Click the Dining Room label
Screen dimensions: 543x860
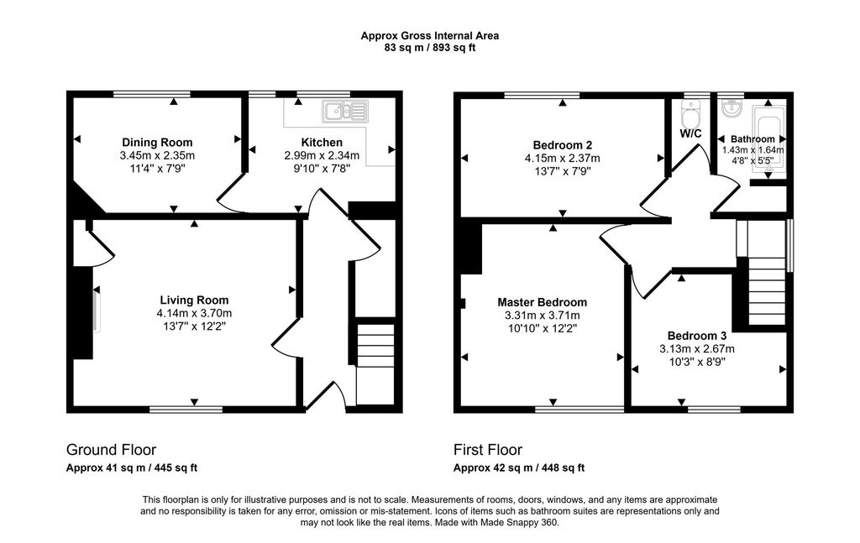point(157,142)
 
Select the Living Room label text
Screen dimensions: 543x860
point(194,300)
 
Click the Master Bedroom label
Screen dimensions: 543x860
point(542,302)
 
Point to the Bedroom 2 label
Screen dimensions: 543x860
point(562,142)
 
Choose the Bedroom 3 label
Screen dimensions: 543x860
point(697,335)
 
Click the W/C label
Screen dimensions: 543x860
point(691,133)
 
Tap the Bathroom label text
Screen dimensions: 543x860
point(752,138)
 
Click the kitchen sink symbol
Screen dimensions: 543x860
point(345,110)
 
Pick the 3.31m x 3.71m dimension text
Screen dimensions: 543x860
point(542,316)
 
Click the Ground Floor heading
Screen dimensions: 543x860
point(111,450)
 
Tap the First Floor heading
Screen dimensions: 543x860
point(487,450)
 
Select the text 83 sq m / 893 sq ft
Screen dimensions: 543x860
point(430,48)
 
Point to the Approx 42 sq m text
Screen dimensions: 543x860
point(519,468)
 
